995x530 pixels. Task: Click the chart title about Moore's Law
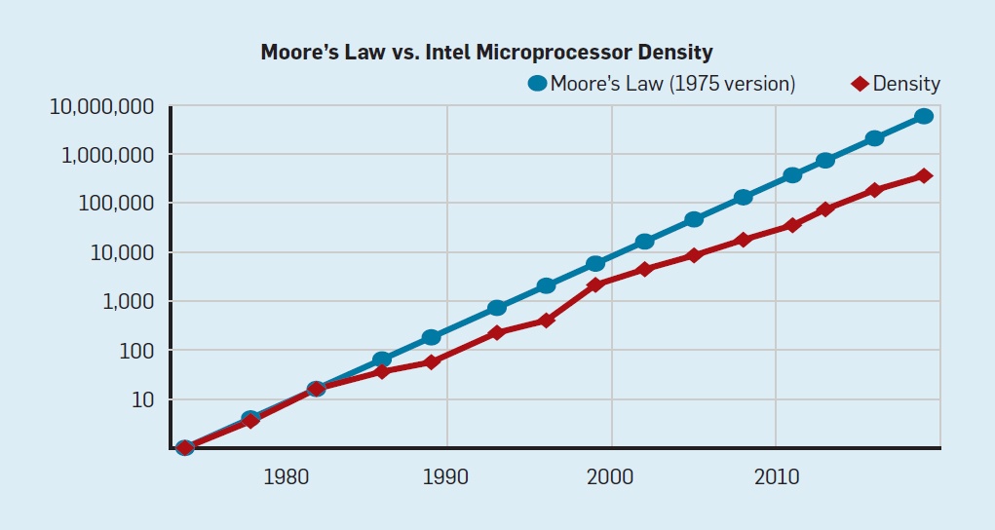(x=486, y=52)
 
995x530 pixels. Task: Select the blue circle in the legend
(x=537, y=84)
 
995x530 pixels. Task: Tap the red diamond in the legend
(x=860, y=84)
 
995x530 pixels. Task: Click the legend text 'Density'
(x=906, y=84)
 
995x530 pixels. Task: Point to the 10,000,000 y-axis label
(x=101, y=106)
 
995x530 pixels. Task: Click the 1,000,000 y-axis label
(x=108, y=155)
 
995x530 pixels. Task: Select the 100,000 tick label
(x=117, y=204)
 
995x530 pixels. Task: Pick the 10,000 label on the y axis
(x=122, y=252)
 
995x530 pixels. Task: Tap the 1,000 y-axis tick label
(x=129, y=302)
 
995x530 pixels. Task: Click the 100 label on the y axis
(x=137, y=351)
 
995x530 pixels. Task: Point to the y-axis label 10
(x=143, y=399)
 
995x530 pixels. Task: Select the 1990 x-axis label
(x=447, y=477)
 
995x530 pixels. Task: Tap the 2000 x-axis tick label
(x=612, y=477)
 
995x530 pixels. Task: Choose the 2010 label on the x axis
(x=776, y=477)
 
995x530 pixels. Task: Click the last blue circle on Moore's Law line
(x=924, y=116)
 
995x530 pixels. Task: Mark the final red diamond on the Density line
(x=924, y=175)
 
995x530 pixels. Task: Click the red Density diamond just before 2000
(x=595, y=284)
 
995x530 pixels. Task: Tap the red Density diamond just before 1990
(x=431, y=361)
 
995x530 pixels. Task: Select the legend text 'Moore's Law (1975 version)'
(x=672, y=84)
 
